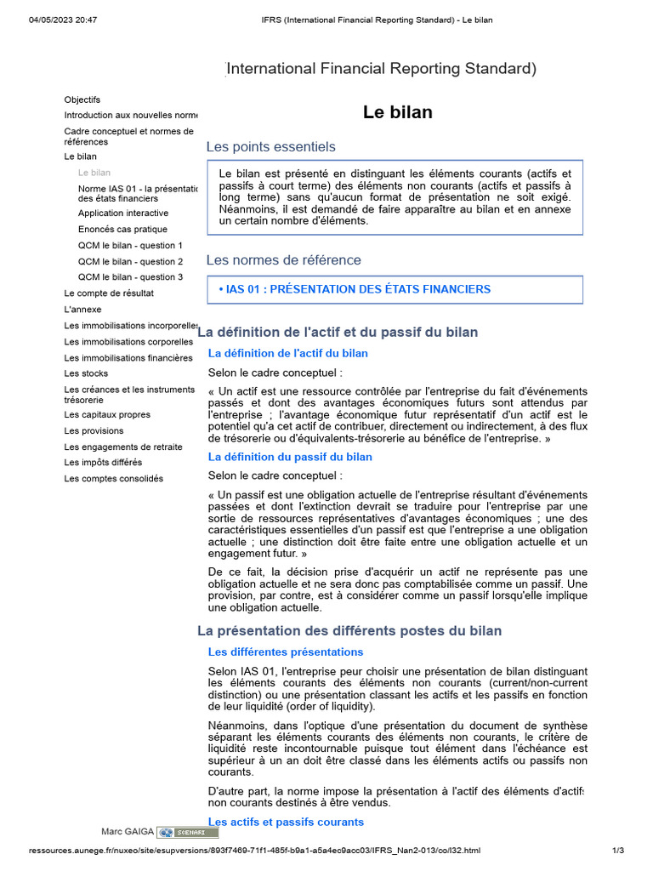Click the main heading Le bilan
click(397, 112)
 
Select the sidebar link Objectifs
click(82, 100)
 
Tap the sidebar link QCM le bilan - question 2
click(130, 261)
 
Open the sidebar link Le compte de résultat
click(109, 293)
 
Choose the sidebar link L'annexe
click(82, 310)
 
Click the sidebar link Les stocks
click(86, 373)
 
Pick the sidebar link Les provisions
click(94, 431)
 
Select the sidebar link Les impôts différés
click(103, 463)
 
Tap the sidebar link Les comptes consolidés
click(113, 478)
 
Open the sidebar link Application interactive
click(123, 213)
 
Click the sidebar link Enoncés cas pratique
click(122, 229)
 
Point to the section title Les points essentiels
click(271, 147)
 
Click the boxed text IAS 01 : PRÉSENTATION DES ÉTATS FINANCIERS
click(355, 289)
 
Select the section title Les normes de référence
click(284, 260)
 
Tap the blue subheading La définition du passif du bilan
click(290, 457)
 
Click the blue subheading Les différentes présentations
click(286, 652)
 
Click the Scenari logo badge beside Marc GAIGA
click(188, 832)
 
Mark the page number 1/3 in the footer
click(618, 850)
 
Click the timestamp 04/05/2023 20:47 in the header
click(59, 20)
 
